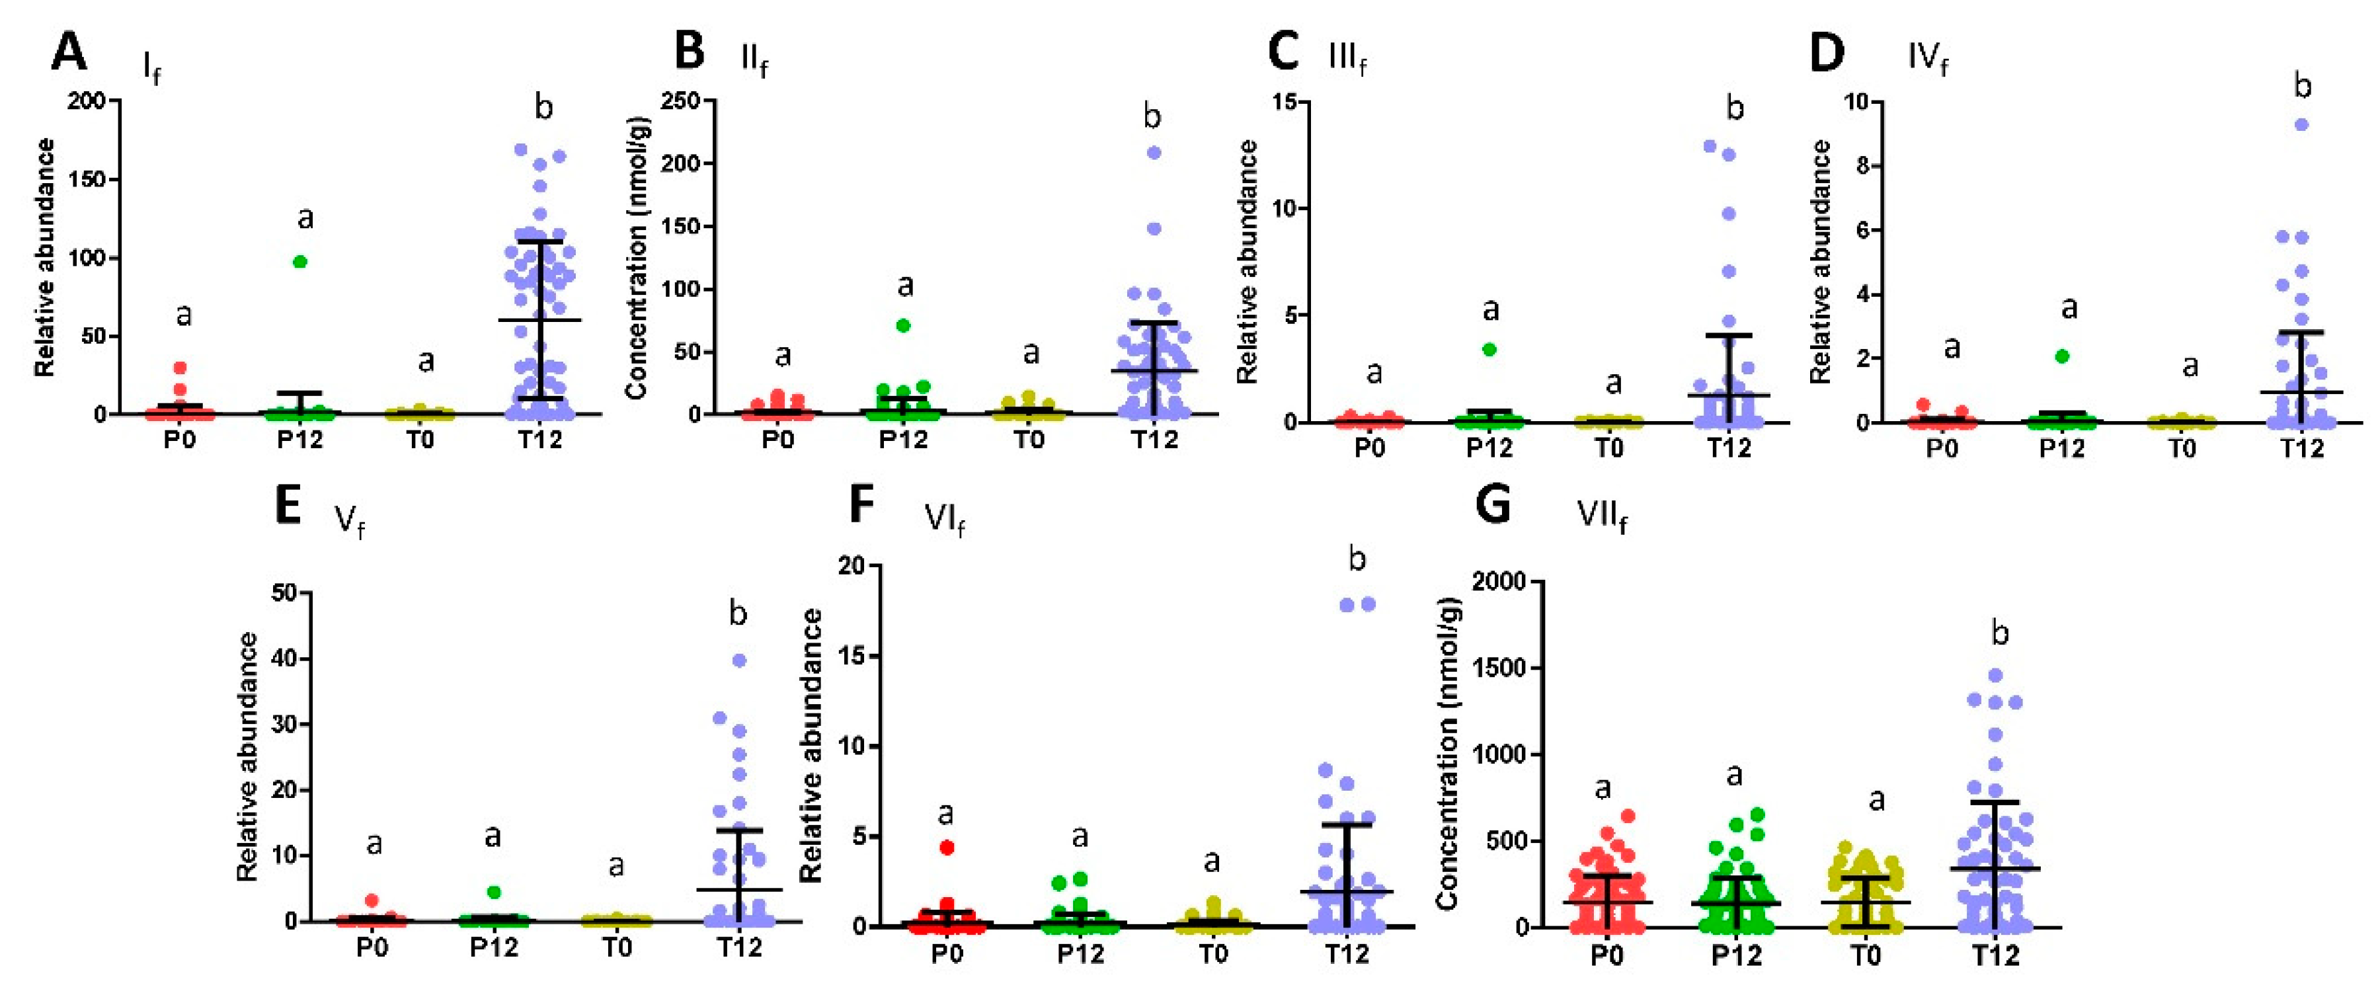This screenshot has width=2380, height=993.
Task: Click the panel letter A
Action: (69, 52)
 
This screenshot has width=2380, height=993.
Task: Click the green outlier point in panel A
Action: (300, 261)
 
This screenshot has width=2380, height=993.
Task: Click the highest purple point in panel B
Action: (1154, 153)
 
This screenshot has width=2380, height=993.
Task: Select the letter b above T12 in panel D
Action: (2303, 86)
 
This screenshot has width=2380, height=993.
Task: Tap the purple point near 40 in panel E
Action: (739, 660)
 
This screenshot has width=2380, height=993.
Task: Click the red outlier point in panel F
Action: (947, 847)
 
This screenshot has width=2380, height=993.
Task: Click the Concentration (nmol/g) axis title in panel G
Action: (1448, 753)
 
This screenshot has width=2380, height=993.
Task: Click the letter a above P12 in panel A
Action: (305, 219)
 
